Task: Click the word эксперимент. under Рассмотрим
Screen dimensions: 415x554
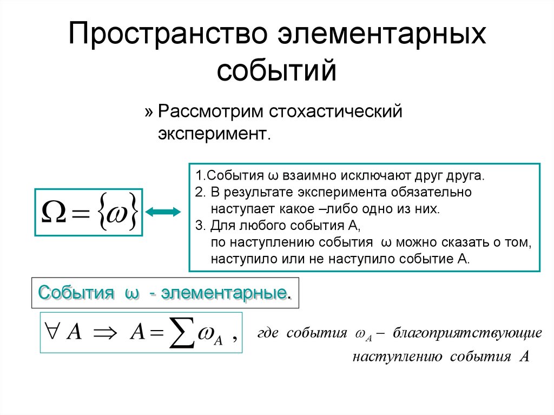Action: point(213,133)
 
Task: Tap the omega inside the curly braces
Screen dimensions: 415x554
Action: point(116,212)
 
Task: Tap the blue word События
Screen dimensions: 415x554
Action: point(76,294)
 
